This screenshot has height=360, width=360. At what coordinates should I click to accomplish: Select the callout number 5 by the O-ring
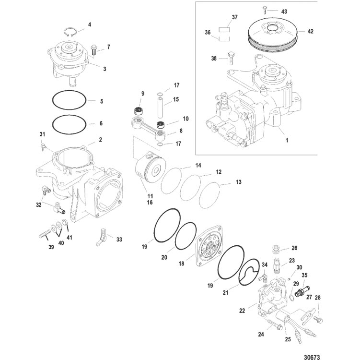point(101,101)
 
